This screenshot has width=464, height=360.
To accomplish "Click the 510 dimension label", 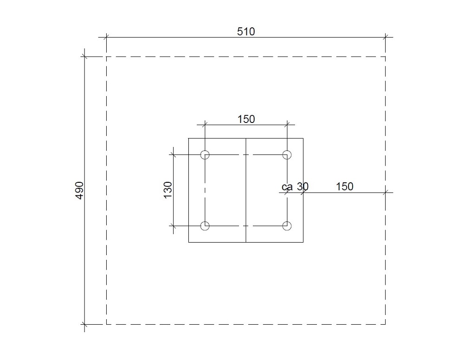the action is click(x=246, y=32).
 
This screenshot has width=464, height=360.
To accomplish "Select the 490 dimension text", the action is click(x=80, y=190).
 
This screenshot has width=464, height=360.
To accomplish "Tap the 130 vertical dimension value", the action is click(x=168, y=190).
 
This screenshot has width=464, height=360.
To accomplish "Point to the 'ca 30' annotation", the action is click(x=295, y=186).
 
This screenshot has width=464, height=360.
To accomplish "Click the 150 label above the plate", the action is click(x=246, y=119).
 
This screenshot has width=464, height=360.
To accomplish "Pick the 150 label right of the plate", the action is click(x=345, y=186).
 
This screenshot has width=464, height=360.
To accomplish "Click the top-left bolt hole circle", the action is click(x=205, y=151).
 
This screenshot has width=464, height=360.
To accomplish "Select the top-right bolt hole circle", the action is click(x=287, y=151).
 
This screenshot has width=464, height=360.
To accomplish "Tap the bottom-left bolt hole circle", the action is click(x=205, y=222).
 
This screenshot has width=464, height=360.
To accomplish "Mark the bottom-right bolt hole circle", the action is click(x=287, y=222).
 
